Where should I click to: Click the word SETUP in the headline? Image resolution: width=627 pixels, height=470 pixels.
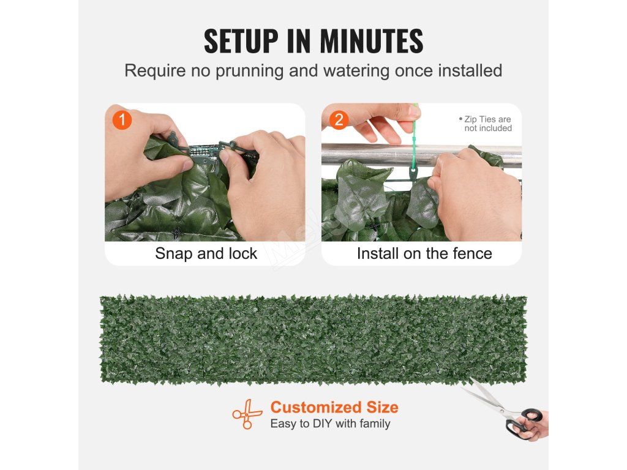(241, 41)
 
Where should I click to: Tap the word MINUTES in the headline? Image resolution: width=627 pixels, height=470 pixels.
(371, 41)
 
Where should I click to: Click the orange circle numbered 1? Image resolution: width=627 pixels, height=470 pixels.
(122, 119)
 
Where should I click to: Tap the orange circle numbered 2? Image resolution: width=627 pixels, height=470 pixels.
(339, 119)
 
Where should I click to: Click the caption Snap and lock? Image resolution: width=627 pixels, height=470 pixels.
(206, 253)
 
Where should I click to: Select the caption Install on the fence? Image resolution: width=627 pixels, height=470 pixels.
(424, 253)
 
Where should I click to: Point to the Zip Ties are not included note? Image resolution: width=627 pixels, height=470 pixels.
(486, 124)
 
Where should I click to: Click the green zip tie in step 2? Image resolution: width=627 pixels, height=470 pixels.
(413, 144)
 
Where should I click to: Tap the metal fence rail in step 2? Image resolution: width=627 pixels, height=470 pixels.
(421, 155)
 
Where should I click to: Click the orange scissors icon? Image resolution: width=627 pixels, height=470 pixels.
(247, 414)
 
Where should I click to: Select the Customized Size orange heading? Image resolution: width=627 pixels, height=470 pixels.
(334, 407)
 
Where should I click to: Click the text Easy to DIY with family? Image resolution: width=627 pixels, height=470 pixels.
(330, 423)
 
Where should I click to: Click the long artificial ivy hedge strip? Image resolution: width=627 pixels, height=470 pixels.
(313, 339)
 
